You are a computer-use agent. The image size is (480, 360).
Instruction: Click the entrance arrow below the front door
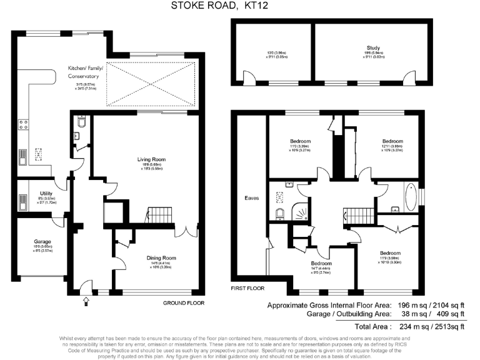point(86,301)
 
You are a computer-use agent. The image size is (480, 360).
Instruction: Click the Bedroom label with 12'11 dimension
point(392,141)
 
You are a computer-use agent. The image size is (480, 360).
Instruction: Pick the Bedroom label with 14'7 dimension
point(322,263)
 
